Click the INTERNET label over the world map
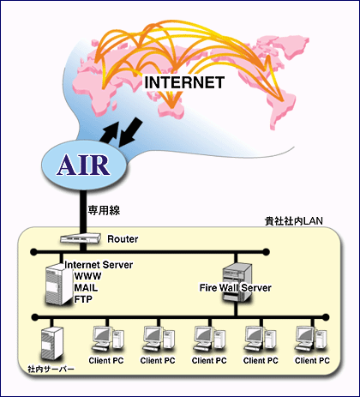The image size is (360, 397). [184, 83]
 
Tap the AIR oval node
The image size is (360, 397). [84, 165]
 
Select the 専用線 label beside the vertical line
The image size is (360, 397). [104, 210]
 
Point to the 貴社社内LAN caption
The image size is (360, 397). [294, 221]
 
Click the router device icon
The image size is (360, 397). [81, 238]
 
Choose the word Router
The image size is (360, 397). [123, 239]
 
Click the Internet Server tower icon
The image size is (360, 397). [59, 285]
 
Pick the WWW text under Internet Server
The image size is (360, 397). [87, 276]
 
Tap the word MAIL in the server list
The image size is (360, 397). [86, 287]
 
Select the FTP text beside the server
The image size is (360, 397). [83, 299]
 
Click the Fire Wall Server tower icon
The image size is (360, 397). [237, 282]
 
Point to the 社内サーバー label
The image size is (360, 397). [51, 369]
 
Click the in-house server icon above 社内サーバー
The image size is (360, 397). [52, 343]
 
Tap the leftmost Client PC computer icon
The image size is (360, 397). [107, 339]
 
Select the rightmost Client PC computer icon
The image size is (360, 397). [311, 339]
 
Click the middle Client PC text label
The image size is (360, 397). [209, 361]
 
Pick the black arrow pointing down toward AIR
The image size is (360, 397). [130, 132]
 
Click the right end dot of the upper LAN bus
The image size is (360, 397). [266, 252]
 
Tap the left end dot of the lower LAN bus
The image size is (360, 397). [34, 317]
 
